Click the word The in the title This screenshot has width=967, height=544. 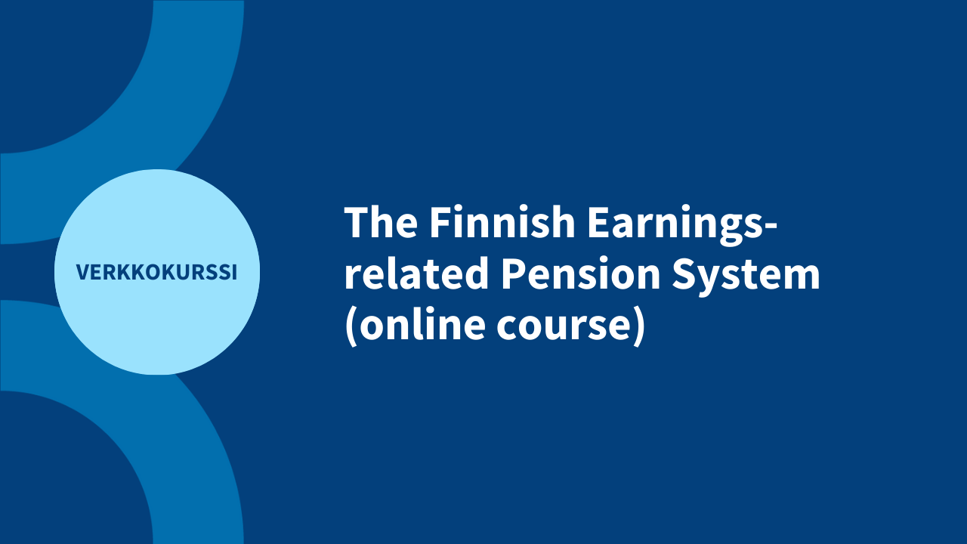pyautogui.click(x=379, y=224)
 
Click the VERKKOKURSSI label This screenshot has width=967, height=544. pyautogui.click(x=156, y=273)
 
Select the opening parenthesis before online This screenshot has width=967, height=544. pyautogui.click(x=351, y=327)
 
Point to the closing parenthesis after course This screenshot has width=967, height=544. pyautogui.click(x=639, y=327)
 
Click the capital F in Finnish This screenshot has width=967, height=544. pyautogui.click(x=440, y=224)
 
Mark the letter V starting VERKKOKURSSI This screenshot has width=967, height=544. pyautogui.click(x=82, y=273)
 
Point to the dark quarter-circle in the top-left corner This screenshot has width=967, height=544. pyautogui.click(x=60, y=60)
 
